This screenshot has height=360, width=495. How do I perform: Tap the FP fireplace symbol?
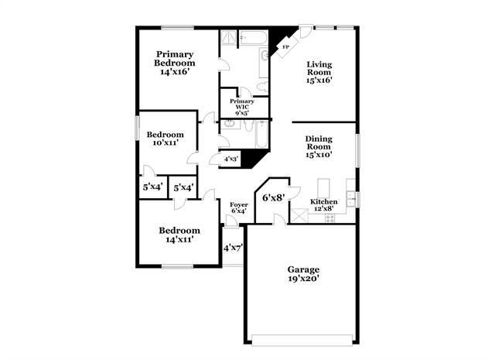pos(285,48)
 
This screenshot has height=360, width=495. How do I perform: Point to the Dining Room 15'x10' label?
pos(318,147)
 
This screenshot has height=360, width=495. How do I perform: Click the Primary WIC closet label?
pos(242,106)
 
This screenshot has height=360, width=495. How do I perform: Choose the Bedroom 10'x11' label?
pos(166,139)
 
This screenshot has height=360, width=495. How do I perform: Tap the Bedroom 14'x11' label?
pos(179,235)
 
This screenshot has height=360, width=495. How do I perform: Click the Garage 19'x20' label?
pos(302,275)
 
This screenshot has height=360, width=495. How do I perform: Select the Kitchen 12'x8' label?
pos(323,204)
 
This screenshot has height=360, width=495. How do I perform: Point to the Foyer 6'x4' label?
pos(239,207)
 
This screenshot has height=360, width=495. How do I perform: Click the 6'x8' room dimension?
pos(274,197)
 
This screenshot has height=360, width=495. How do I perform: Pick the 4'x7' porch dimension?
pos(234,248)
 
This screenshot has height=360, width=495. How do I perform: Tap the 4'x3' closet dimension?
pos(230,159)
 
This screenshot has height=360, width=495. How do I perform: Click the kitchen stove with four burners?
pos(329,218)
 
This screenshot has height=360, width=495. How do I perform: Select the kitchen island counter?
pos(325,188)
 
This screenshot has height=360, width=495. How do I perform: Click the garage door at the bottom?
pos(302,338)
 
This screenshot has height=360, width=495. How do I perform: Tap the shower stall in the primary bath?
pos(229,38)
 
